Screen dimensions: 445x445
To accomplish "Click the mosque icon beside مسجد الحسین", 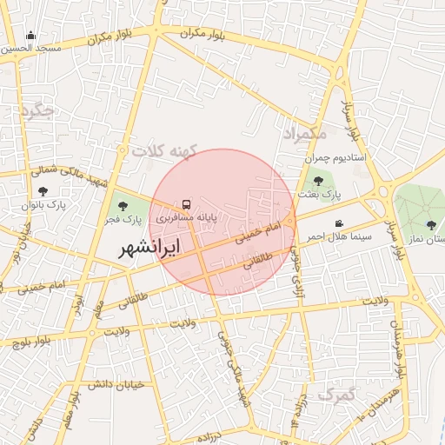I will pyautogui.click(x=31, y=36).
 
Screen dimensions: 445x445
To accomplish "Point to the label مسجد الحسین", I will pyautogui.click(x=32, y=49).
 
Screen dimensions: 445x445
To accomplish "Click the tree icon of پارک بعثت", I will pyautogui.click(x=318, y=181).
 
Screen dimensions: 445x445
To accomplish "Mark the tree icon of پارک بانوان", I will pyautogui.click(x=43, y=190).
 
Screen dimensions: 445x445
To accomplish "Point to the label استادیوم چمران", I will pyautogui.click(x=336, y=161).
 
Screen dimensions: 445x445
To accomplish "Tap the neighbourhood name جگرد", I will pyautogui.click(x=37, y=111).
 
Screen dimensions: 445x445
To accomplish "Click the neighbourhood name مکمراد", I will pyautogui.click(x=304, y=134).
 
